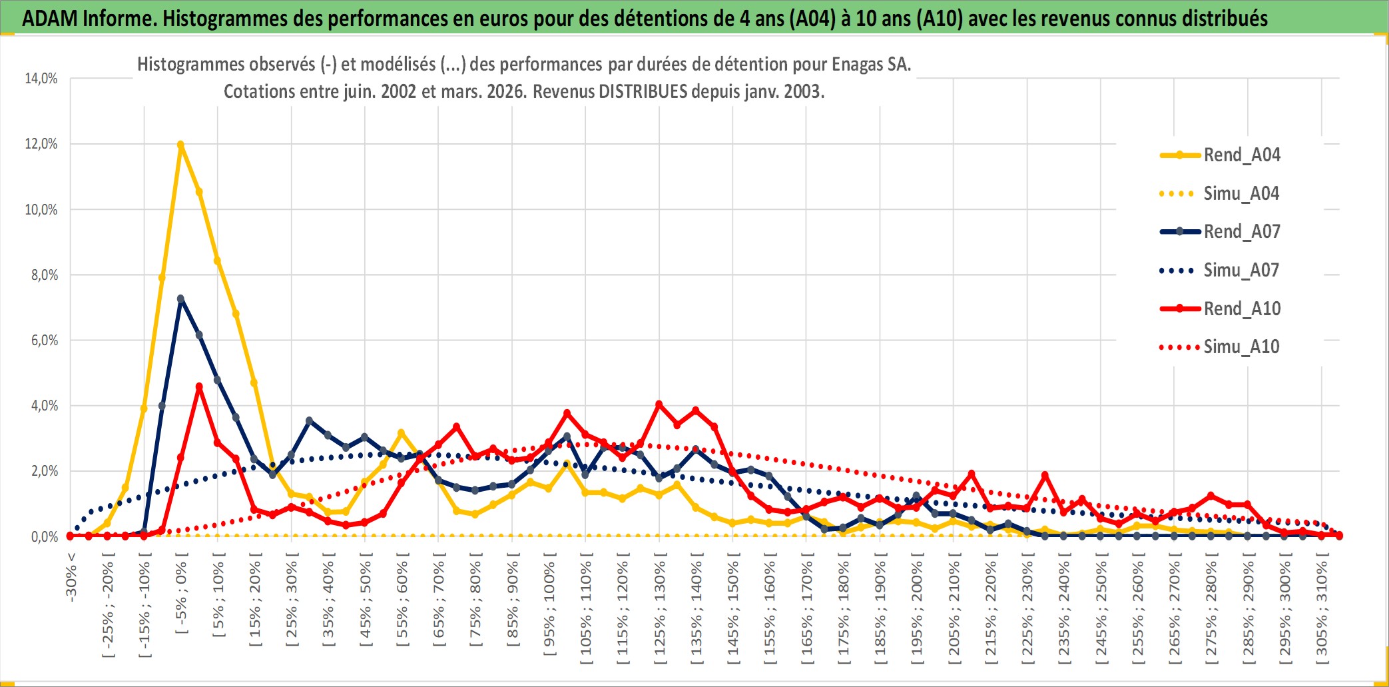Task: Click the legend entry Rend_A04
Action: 1241,155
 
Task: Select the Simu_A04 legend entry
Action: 1241,194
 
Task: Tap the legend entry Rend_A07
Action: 1241,232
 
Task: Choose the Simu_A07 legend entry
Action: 1241,271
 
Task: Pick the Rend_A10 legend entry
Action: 1241,309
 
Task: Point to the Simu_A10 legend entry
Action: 1241,347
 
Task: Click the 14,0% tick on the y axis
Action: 41,79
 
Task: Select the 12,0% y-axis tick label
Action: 41,144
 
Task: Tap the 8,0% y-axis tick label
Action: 44,275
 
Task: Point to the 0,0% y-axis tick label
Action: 44,537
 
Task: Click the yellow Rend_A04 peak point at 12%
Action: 180,145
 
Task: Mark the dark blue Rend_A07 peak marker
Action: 180,299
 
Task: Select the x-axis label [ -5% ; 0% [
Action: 181,596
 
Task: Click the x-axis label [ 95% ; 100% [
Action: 549,608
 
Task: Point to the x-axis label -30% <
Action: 71,577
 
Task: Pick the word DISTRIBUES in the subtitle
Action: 643,92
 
